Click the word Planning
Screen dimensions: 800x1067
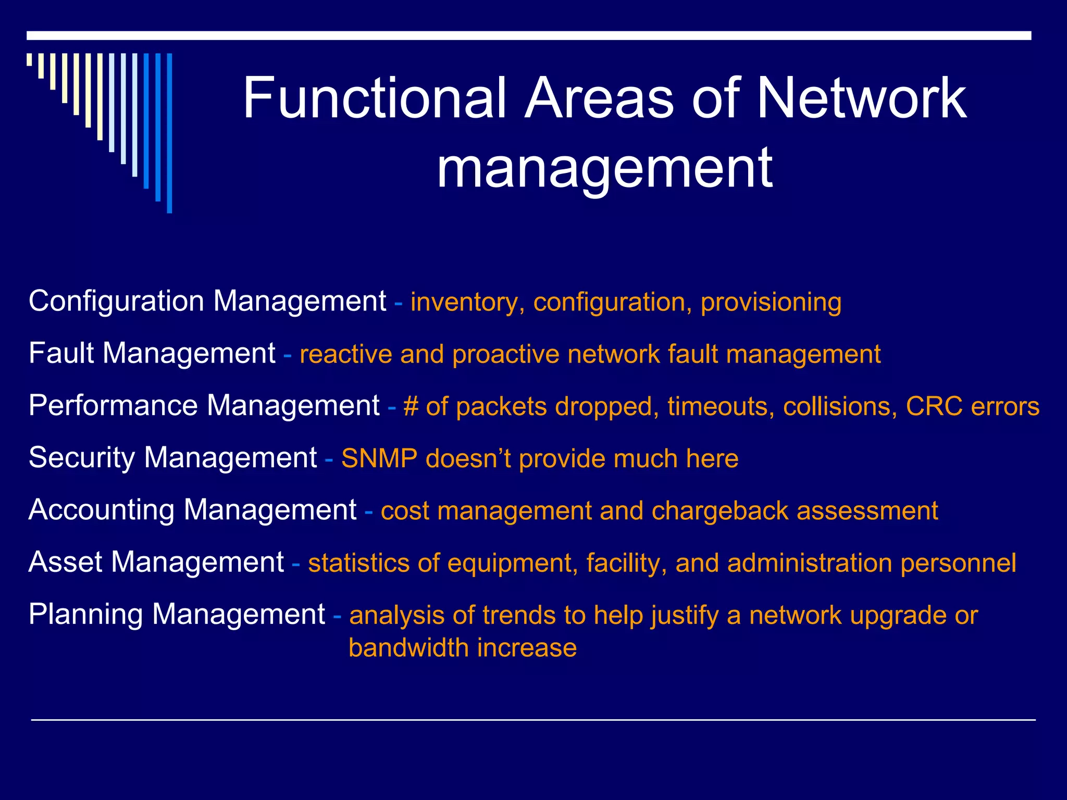(85, 615)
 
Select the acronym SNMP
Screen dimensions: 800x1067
(379, 459)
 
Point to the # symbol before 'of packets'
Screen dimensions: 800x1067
(411, 407)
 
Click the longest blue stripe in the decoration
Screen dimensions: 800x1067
(169, 133)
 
